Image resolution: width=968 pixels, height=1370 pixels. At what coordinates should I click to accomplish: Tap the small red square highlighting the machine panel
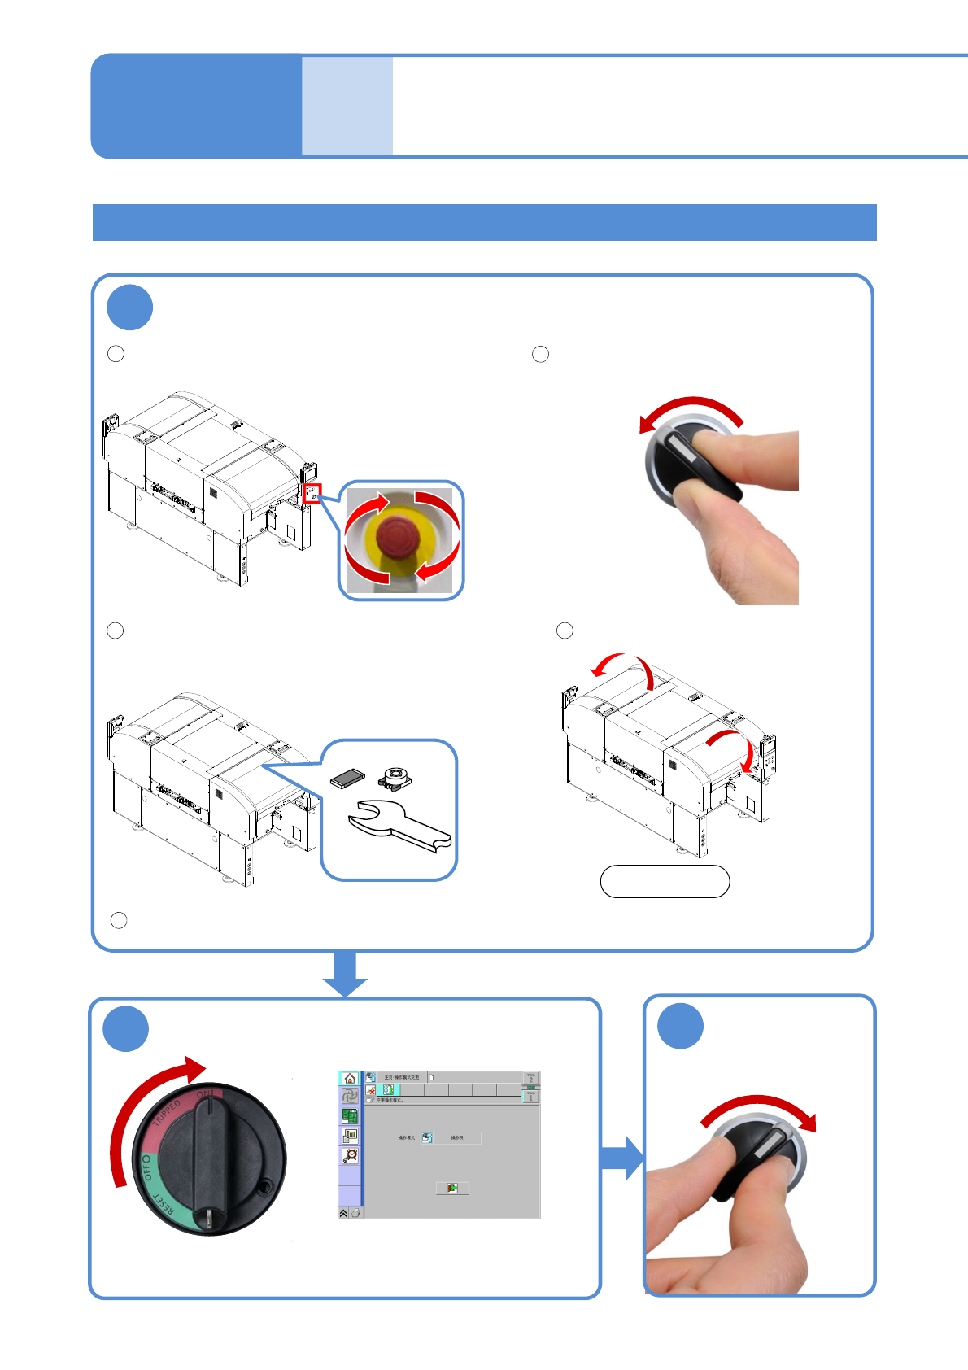(312, 493)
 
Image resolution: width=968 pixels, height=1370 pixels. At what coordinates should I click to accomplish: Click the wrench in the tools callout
(399, 827)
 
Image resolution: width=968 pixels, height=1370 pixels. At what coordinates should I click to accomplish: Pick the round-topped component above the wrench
(396, 776)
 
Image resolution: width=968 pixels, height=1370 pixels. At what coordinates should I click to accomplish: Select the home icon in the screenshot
(350, 1078)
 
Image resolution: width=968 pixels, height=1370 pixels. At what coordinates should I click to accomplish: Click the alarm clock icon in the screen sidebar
(351, 1155)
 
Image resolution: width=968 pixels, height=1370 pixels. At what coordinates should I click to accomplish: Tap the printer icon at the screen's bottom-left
(355, 1212)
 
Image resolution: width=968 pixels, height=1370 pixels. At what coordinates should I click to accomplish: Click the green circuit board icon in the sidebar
(351, 1116)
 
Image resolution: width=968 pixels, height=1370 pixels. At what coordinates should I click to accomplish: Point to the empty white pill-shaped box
(665, 881)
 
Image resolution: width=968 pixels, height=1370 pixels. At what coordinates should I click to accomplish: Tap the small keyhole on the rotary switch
(264, 1189)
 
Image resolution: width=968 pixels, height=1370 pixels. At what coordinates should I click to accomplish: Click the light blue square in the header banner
(347, 106)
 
